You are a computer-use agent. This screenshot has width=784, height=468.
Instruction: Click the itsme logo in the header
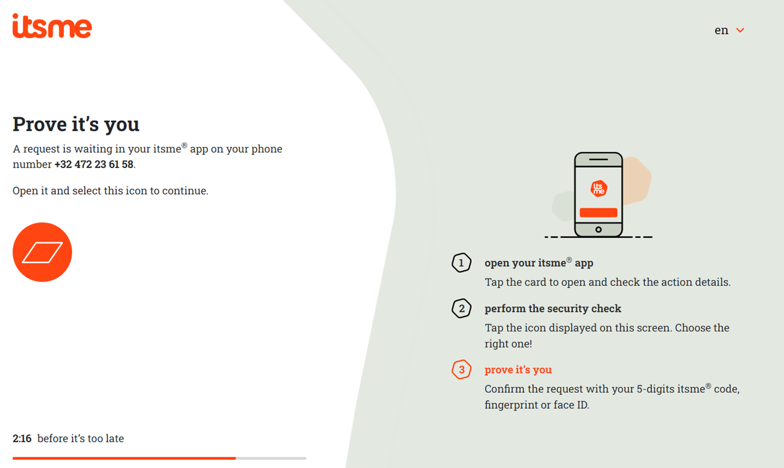[x=52, y=26]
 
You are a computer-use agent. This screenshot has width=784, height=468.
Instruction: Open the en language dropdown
[x=729, y=30]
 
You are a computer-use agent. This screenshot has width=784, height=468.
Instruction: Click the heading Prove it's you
[x=76, y=124]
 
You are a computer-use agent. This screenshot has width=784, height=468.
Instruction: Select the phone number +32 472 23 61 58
[x=94, y=164]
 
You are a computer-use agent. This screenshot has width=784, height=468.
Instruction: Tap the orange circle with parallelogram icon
[x=42, y=252]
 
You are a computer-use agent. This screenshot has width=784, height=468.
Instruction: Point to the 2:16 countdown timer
[x=22, y=438]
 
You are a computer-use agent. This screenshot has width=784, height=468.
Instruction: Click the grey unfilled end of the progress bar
[x=271, y=458]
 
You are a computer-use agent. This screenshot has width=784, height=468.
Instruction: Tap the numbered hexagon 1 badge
[x=461, y=263]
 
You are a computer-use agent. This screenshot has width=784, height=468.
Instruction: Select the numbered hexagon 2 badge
[x=461, y=308]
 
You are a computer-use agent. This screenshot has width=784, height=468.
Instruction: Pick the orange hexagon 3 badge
[x=461, y=369]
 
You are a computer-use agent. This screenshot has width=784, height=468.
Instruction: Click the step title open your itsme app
[x=539, y=263]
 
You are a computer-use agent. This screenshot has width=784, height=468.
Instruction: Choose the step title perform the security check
[x=553, y=308]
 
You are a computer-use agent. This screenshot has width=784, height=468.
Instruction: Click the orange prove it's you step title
[x=518, y=370]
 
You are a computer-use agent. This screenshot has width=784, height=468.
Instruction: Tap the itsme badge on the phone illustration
[x=599, y=188]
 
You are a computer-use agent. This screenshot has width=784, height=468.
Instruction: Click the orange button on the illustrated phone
[x=598, y=212]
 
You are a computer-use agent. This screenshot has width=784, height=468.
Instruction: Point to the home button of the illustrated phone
[x=598, y=230]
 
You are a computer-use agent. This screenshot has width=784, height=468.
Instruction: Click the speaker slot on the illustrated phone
[x=598, y=160]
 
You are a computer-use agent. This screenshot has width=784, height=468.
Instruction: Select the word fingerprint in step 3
[x=511, y=405]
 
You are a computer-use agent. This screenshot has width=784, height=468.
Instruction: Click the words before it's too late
[x=81, y=438]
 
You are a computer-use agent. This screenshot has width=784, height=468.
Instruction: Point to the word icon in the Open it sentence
[x=136, y=191]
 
